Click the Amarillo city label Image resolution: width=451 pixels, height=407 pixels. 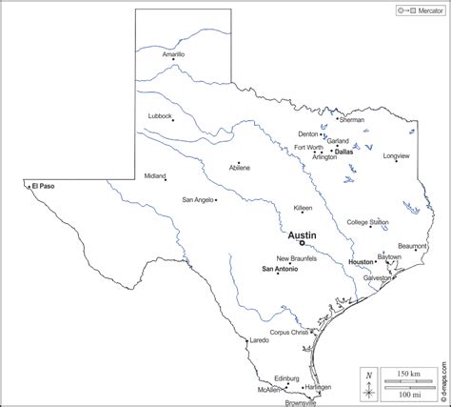tap(173, 55)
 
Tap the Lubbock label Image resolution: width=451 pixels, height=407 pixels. tap(160, 115)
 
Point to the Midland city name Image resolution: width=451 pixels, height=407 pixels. tap(154, 175)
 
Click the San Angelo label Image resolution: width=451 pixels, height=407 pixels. tap(198, 199)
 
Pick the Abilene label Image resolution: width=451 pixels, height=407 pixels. tap(240, 168)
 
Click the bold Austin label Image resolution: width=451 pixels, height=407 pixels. tap(302, 234)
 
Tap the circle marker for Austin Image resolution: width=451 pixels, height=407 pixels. tap(302, 243)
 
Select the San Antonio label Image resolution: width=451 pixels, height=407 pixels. tap(280, 269)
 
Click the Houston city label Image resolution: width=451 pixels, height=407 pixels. tap(361, 261)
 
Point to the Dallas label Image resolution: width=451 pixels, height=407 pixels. tap(343, 151)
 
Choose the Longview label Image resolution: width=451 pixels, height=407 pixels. tap(396, 155)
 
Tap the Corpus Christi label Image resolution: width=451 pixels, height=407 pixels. tap(289, 332)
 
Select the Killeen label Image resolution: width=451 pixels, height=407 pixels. tap(303, 207)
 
